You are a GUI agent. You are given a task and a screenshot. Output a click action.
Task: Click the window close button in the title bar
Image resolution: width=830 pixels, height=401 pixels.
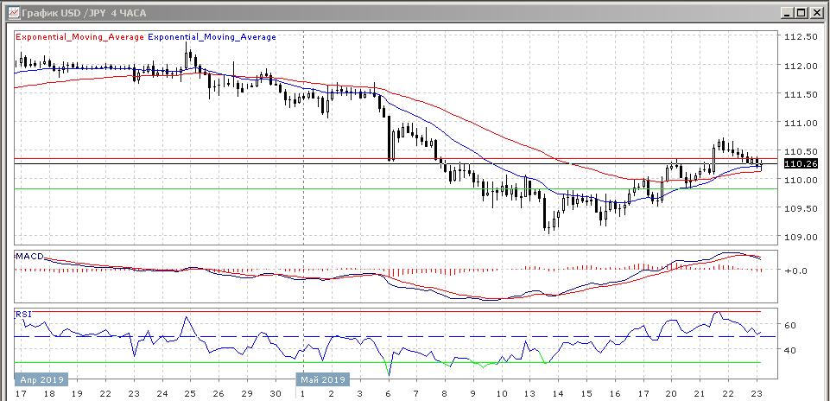point(815,12)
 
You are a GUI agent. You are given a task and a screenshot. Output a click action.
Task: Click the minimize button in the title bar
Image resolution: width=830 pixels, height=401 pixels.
point(787,12)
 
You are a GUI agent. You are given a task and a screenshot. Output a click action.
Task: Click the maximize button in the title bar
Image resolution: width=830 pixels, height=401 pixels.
point(801,12)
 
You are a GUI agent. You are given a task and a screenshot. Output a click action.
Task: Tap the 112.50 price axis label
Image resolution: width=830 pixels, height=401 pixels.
point(799,37)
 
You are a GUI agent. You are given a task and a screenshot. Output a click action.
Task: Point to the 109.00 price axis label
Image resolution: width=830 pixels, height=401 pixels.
point(799,237)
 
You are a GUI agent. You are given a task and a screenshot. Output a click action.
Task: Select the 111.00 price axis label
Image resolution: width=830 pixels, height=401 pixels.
point(799,123)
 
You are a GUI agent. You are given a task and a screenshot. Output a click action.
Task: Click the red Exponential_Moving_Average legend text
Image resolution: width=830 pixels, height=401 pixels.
point(79,37)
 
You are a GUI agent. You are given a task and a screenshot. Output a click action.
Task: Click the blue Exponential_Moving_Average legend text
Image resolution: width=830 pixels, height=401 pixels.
point(212,37)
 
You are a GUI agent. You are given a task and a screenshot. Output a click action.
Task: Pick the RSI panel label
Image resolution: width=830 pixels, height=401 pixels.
point(24,314)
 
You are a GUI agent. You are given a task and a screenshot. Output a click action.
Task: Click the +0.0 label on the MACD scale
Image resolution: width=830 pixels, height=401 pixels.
point(795,271)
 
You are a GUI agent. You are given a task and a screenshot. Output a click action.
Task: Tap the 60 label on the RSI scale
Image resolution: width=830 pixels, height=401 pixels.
point(789,325)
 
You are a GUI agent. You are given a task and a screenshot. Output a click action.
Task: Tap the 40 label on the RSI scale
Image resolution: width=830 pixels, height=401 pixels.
point(789,350)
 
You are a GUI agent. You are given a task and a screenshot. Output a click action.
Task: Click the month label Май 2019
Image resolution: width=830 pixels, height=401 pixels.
point(322,379)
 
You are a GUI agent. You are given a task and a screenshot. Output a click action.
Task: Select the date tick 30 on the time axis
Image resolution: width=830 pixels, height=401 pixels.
point(274,393)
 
